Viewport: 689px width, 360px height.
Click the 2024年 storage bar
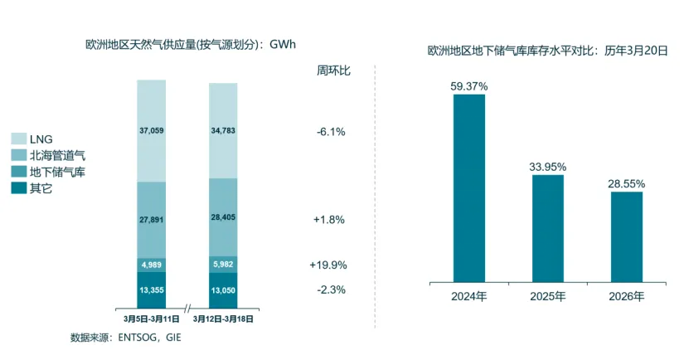click(469, 188)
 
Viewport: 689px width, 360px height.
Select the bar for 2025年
click(546, 228)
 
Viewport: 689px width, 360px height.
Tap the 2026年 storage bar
click(627, 237)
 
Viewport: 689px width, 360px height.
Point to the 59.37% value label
click(469, 85)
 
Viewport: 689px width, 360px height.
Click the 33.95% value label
click(546, 166)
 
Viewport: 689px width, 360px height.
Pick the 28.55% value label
click(627, 183)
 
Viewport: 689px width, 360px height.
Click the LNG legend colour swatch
click(18, 139)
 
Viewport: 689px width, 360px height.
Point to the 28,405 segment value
click(223, 220)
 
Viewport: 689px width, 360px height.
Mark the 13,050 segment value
click(223, 290)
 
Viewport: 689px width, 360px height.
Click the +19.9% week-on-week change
click(329, 265)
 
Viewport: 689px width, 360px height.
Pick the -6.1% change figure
click(331, 132)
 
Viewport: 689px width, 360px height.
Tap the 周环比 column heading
click(334, 71)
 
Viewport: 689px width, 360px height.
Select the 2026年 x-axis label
click(627, 295)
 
